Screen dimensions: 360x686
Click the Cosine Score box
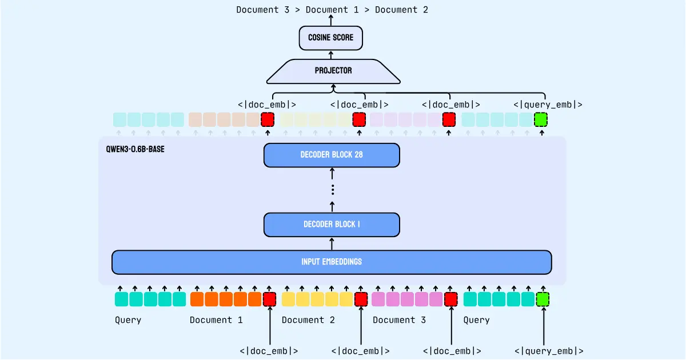(331, 38)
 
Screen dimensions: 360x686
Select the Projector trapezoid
(333, 71)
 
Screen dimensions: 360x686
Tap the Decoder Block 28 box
(332, 155)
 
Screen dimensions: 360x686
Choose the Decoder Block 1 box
(332, 225)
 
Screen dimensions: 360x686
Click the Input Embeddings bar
(332, 262)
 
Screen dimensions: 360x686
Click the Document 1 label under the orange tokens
(216, 320)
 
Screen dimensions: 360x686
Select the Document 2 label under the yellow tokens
(308, 320)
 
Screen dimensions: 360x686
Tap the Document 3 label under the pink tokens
(399, 320)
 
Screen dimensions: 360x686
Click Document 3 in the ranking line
(267, 10)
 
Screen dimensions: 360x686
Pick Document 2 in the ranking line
(401, 10)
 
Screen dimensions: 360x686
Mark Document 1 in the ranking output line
(334, 10)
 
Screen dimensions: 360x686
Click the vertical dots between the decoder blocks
(332, 190)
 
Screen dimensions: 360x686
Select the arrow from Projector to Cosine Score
(331, 54)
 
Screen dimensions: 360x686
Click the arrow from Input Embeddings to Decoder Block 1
(332, 243)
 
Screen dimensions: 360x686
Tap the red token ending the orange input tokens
(269, 299)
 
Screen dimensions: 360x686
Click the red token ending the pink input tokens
(451, 299)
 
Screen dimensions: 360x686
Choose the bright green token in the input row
(543, 299)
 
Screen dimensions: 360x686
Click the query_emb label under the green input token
(549, 351)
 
